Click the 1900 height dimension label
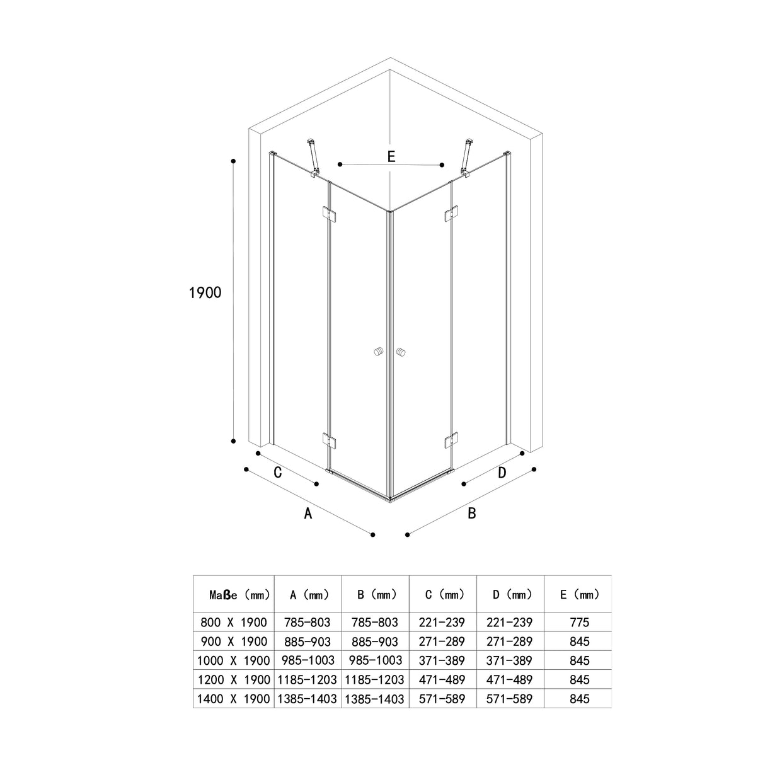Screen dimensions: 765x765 point(205,292)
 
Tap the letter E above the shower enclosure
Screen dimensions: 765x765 point(391,157)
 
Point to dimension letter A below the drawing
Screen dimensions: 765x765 point(308,514)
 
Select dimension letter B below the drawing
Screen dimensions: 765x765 point(471,514)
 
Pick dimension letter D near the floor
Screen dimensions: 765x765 point(502,472)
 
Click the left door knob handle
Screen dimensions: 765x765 point(378,352)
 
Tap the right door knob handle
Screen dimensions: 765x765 point(401,352)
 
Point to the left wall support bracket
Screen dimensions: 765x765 point(313,159)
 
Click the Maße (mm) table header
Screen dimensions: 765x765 point(239,594)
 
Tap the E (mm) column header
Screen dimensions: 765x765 point(578,594)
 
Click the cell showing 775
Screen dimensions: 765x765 point(578,623)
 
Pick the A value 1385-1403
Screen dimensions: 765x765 point(308,699)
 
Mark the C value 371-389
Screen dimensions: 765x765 point(442,660)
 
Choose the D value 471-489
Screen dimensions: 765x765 point(510,680)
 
